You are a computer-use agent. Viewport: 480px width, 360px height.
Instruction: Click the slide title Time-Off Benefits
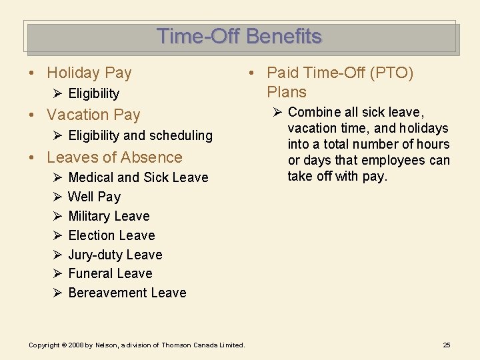point(239,36)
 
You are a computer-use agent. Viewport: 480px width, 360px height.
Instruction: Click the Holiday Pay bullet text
point(89,73)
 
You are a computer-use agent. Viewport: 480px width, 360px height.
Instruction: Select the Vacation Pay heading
point(93,115)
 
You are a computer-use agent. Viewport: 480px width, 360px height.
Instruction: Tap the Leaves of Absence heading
point(114,157)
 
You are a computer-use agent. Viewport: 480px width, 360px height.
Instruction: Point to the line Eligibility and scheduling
point(140,135)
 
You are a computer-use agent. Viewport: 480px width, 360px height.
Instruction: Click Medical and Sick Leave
point(138,177)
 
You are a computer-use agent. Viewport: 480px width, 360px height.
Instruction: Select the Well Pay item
point(94,197)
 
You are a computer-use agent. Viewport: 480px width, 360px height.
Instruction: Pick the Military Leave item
point(109,216)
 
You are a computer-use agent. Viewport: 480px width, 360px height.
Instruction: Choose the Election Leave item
point(111,235)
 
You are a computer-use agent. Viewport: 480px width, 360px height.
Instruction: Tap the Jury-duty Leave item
point(115,255)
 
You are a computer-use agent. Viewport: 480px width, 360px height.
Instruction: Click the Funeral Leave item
point(110,273)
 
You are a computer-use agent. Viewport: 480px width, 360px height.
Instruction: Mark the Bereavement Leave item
point(127,293)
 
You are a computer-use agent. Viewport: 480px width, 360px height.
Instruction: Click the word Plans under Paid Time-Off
point(287,92)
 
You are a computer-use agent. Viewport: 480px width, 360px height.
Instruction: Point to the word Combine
point(314,112)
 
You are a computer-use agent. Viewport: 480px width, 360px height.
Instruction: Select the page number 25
point(447,345)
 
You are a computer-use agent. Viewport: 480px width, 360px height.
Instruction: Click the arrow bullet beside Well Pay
point(57,197)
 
